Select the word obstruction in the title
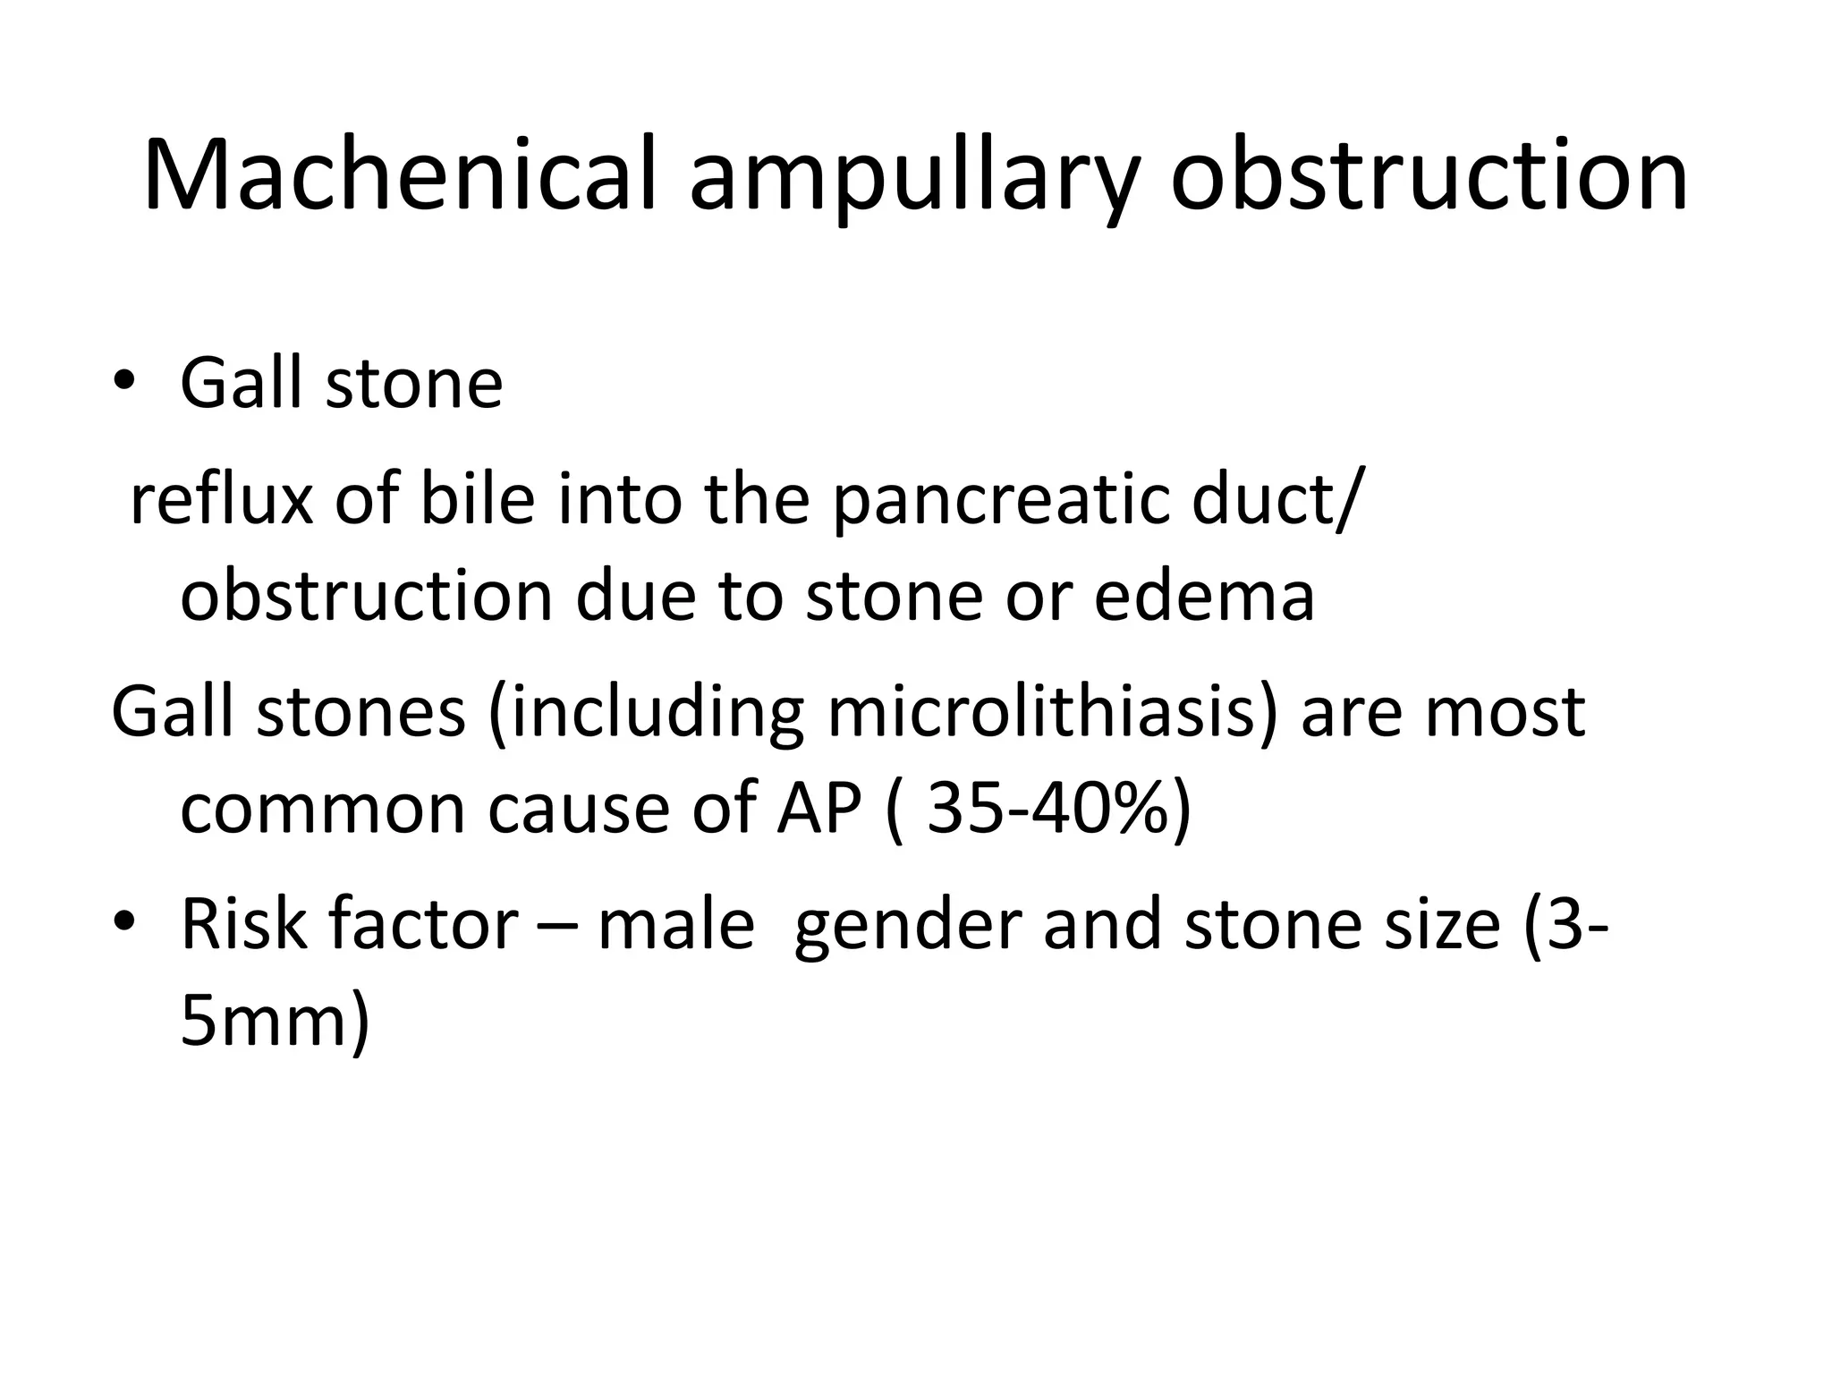pyautogui.click(x=1429, y=174)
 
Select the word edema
pyautogui.click(x=1204, y=596)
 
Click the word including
pyautogui.click(x=647, y=714)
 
